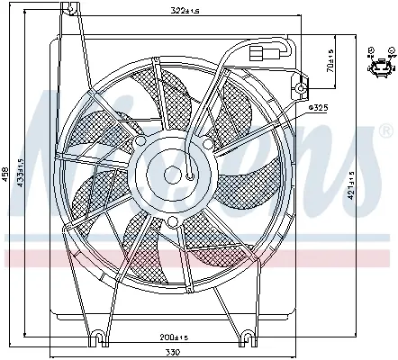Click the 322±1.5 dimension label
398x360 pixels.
(185, 11)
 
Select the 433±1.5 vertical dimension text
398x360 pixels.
(21, 173)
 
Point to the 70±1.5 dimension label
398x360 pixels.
(330, 61)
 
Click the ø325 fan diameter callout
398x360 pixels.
(318, 108)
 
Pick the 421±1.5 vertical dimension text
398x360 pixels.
(350, 185)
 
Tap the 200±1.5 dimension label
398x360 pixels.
(174, 337)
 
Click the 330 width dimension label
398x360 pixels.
(174, 352)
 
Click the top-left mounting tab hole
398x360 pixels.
(71, 9)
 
